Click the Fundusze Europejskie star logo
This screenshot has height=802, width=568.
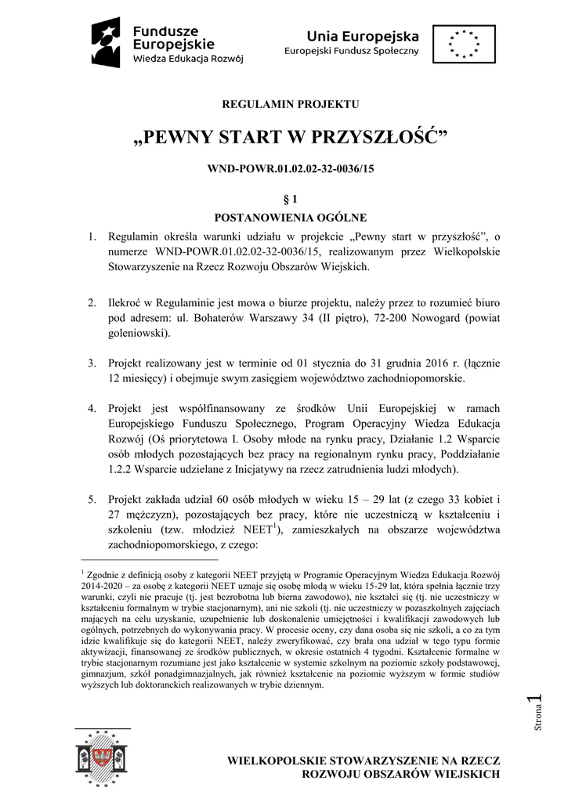[x=106, y=42]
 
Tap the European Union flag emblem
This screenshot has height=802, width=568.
[x=465, y=43]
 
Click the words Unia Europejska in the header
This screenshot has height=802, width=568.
[x=363, y=36]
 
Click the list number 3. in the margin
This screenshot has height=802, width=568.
[x=91, y=363]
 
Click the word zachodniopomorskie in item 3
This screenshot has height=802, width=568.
[x=414, y=379]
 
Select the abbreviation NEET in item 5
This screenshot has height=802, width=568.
[x=251, y=531]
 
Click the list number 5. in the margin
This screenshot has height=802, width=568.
[x=91, y=499]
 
